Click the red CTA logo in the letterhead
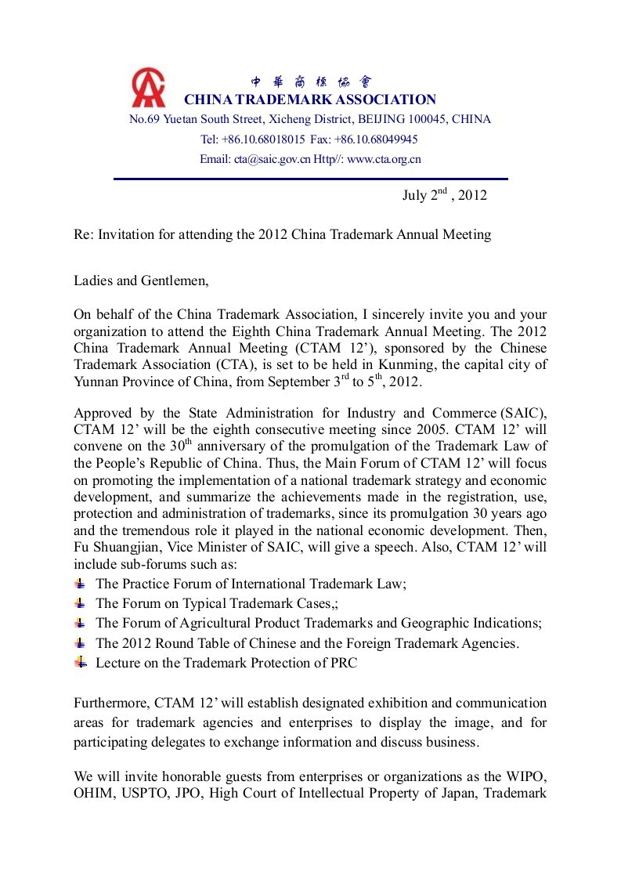[149, 88]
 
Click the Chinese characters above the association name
[311, 81]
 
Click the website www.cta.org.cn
[384, 159]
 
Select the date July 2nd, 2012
[444, 195]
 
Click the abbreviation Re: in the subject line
[83, 234]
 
